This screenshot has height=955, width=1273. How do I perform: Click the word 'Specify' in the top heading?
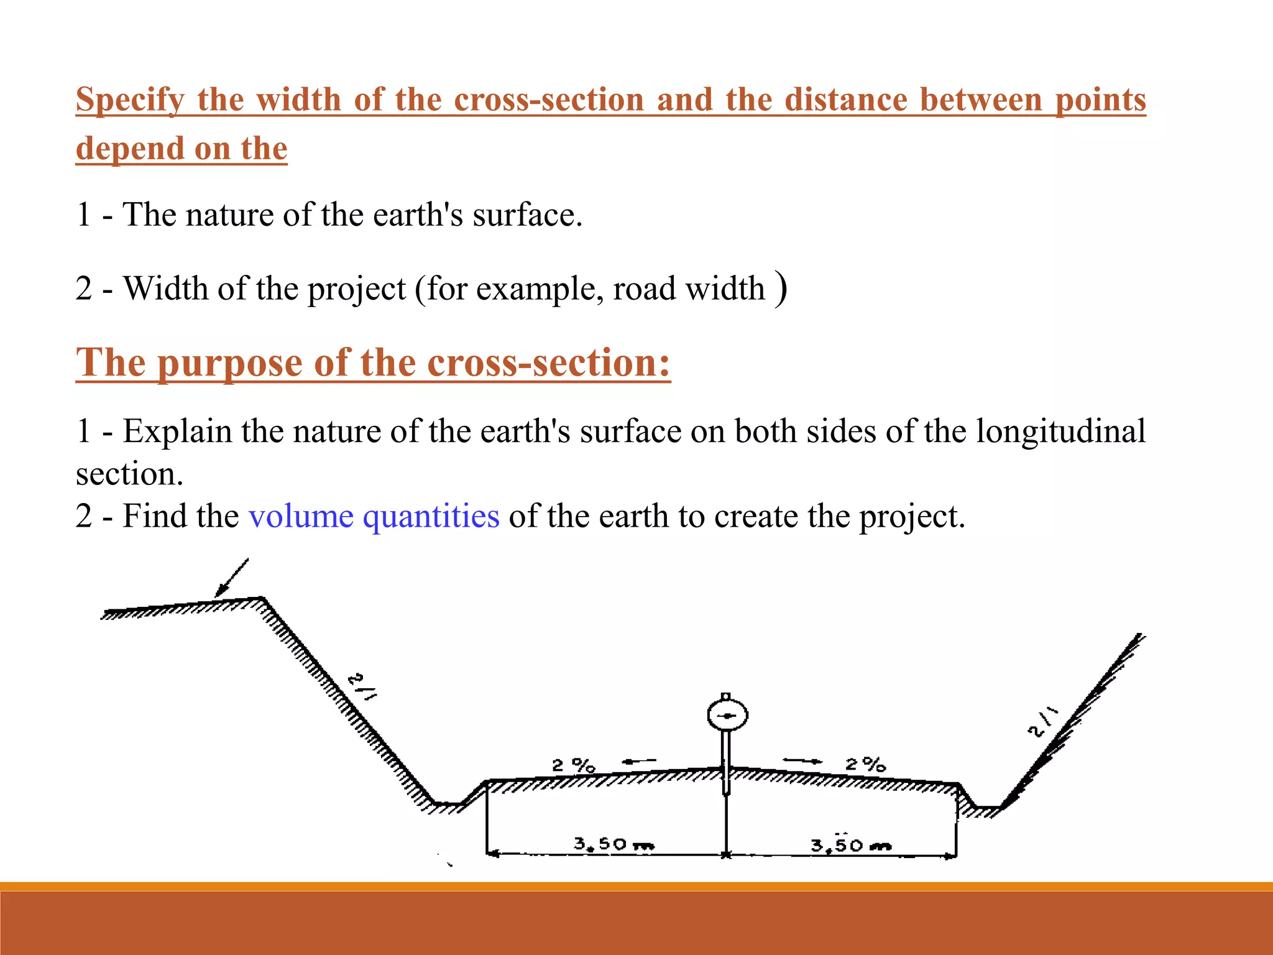(130, 100)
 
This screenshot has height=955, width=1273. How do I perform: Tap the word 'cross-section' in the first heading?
(549, 100)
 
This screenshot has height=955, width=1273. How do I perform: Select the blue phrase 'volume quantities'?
(374, 516)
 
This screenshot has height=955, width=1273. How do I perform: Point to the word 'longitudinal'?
(1060, 431)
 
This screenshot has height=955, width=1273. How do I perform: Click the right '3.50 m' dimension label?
(850, 844)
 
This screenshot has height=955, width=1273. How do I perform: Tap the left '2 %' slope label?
(573, 765)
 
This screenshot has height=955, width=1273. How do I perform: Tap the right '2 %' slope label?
(865, 764)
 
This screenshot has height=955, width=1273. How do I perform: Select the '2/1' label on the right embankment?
(1042, 722)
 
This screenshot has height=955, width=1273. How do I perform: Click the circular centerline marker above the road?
(727, 716)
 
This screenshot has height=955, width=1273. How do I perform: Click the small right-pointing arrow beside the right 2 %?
(802, 760)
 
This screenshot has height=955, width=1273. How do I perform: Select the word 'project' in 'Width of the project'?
(356, 289)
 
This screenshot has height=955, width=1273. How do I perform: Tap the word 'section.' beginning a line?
(129, 475)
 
